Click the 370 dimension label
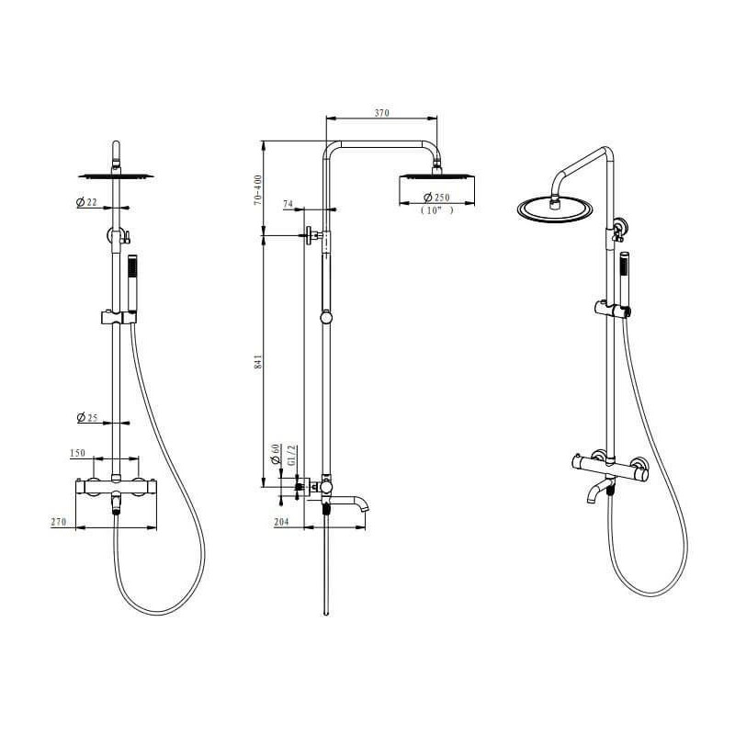tap(381, 112)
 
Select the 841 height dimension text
tap(258, 362)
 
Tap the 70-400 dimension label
tap(257, 190)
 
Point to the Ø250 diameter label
tap(436, 197)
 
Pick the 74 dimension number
tap(288, 204)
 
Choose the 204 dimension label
tap(281, 522)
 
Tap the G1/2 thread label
tap(291, 455)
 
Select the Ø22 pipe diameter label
tap(86, 202)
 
